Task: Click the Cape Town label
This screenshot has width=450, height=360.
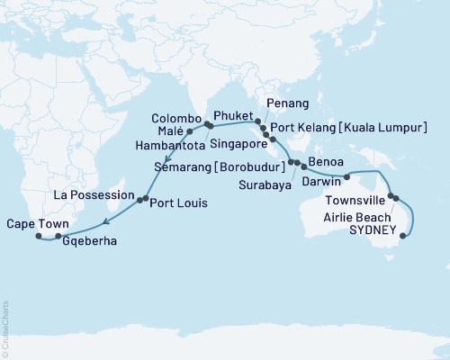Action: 33,223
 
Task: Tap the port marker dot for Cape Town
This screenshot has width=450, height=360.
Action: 39,237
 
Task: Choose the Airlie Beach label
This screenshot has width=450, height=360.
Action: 351,219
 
